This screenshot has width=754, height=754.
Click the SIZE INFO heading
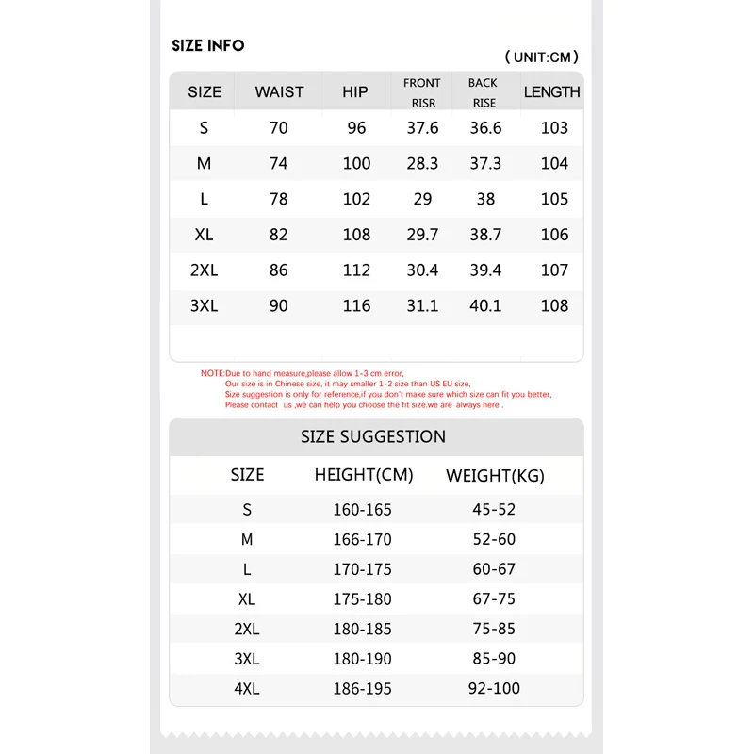(207, 45)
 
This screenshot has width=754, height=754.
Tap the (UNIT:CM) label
(542, 57)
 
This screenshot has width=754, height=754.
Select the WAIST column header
(279, 91)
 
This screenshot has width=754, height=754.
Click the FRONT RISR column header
(422, 92)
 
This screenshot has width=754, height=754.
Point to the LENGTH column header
(552, 91)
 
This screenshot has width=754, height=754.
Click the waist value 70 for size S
(279, 128)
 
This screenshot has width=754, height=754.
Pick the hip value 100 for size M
(356, 163)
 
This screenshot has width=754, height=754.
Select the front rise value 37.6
(422, 128)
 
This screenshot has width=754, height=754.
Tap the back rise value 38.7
(485, 235)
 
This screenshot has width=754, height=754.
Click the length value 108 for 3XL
(554, 305)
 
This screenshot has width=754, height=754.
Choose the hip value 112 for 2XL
(356, 270)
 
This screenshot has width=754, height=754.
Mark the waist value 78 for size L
(279, 199)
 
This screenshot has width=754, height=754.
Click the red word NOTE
(212, 373)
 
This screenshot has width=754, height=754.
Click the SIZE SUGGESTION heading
(373, 436)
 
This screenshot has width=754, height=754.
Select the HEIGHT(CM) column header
(364, 475)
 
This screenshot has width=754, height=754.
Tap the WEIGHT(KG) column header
(495, 476)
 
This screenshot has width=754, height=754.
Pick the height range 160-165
(362, 510)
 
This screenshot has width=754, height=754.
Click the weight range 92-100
(494, 689)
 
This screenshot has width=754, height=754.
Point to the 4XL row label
(247, 689)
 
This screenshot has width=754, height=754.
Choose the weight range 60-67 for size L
(494, 569)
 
